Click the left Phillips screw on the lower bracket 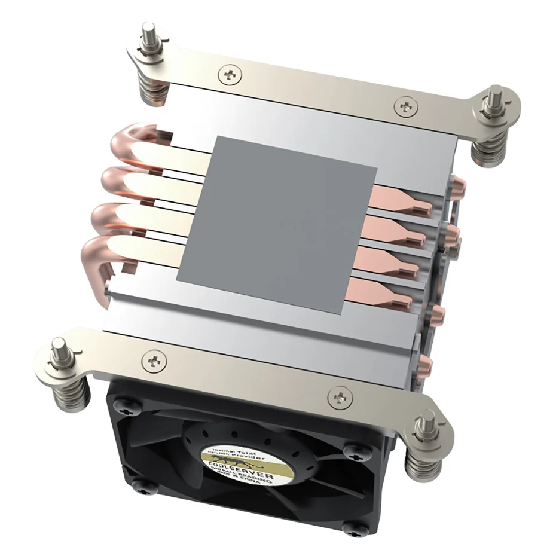pyautogui.click(x=154, y=361)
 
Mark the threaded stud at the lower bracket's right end pyautogui.click(x=428, y=422)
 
